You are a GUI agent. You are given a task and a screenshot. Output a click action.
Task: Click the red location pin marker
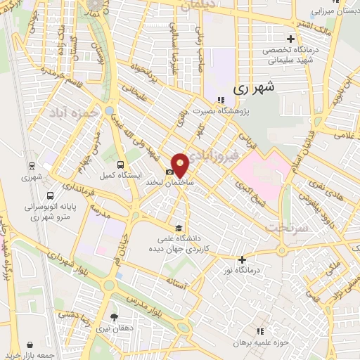[181, 165]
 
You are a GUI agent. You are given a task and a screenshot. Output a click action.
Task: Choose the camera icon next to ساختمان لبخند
[169, 172]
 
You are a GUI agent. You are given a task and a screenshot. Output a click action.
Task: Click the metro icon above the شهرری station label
[32, 165]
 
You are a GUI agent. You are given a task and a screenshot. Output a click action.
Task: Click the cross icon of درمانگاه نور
[242, 259]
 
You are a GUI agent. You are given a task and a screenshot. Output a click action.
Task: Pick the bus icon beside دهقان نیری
[115, 317]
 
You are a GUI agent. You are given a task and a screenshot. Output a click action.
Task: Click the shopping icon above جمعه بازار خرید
[30, 345]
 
